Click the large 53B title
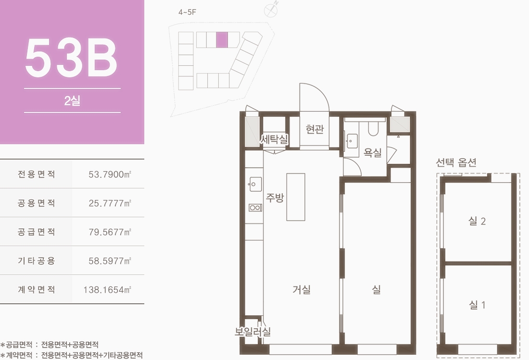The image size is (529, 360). coord(72,58)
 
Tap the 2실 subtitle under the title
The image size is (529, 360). coord(72,100)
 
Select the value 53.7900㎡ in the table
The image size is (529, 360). coord(110,174)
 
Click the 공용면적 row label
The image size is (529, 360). coord(37,203)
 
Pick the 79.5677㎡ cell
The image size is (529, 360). coord(110,232)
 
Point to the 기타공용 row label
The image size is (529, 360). coord(37,261)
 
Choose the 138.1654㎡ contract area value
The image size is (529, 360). coord(107,289)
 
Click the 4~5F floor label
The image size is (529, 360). coord(187,12)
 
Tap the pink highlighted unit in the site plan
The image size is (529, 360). coord(222,39)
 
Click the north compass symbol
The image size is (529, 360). coord(271,10)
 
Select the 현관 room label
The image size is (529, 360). coord(315,129)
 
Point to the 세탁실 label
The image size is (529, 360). coord(274,139)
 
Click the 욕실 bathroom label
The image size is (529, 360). coord(372,152)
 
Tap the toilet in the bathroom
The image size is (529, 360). coord(373,128)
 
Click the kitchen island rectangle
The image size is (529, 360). coord(296,197)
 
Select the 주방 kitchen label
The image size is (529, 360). coord(275,197)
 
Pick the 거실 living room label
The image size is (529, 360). coord(301,289)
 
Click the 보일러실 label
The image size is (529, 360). coord(252,332)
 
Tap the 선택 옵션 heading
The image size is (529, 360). coord(456,162)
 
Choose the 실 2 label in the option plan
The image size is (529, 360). coord(477,221)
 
